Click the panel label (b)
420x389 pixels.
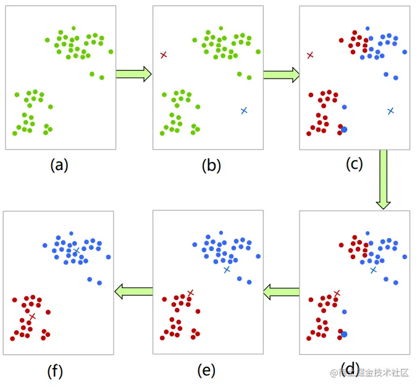[211, 165]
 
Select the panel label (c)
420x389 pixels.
[354, 164]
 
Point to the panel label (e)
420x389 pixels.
[206, 370]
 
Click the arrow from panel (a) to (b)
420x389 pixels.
[133, 75]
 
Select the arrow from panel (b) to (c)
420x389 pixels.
[281, 75]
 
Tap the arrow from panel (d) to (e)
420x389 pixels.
[281, 291]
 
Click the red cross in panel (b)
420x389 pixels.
[164, 55]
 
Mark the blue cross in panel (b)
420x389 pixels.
[244, 110]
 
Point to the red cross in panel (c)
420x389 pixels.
[310, 56]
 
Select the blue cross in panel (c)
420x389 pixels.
[390, 111]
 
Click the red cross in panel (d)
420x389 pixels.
[337, 293]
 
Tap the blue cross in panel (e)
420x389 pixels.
[227, 270]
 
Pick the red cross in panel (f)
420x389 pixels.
[32, 316]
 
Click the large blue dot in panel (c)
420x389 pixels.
[344, 129]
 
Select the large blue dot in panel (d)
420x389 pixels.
[344, 334]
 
